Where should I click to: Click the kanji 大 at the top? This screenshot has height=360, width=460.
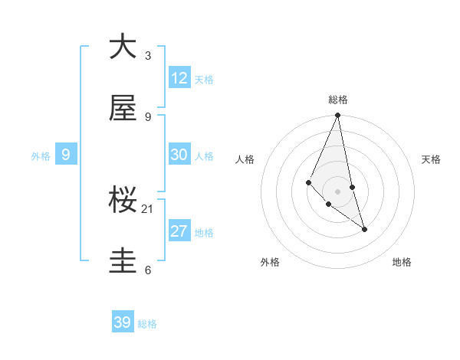click(123, 47)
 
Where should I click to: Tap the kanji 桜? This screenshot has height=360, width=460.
click(123, 201)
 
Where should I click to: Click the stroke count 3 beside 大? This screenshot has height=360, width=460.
click(148, 55)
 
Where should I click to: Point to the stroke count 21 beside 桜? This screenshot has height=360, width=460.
click(148, 208)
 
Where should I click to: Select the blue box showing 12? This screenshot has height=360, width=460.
click(179, 78)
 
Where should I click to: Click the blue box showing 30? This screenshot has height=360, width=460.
click(179, 155)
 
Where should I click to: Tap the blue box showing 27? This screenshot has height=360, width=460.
click(179, 231)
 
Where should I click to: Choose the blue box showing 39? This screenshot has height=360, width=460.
click(123, 322)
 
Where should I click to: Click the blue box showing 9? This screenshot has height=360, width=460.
click(66, 155)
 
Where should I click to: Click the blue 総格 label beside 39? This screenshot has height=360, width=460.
click(147, 324)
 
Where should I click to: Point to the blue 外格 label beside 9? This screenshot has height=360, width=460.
click(41, 156)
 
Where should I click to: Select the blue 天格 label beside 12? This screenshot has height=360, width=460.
click(204, 80)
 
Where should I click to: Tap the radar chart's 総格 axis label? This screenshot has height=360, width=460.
click(338, 100)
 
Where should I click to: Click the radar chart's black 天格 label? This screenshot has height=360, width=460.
click(431, 159)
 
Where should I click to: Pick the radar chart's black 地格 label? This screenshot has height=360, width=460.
click(402, 262)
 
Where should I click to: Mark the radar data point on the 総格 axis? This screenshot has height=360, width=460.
click(338, 116)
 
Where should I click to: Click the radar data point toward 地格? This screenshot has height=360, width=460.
click(365, 229)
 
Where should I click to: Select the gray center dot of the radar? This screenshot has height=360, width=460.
click(338, 191)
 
